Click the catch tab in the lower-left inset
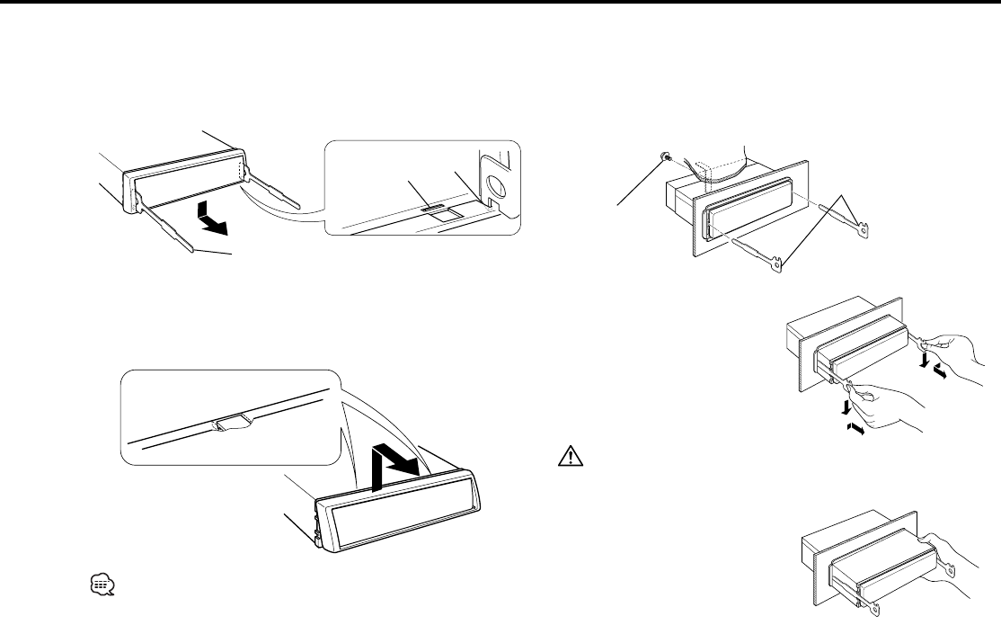pyautogui.click(x=231, y=422)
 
